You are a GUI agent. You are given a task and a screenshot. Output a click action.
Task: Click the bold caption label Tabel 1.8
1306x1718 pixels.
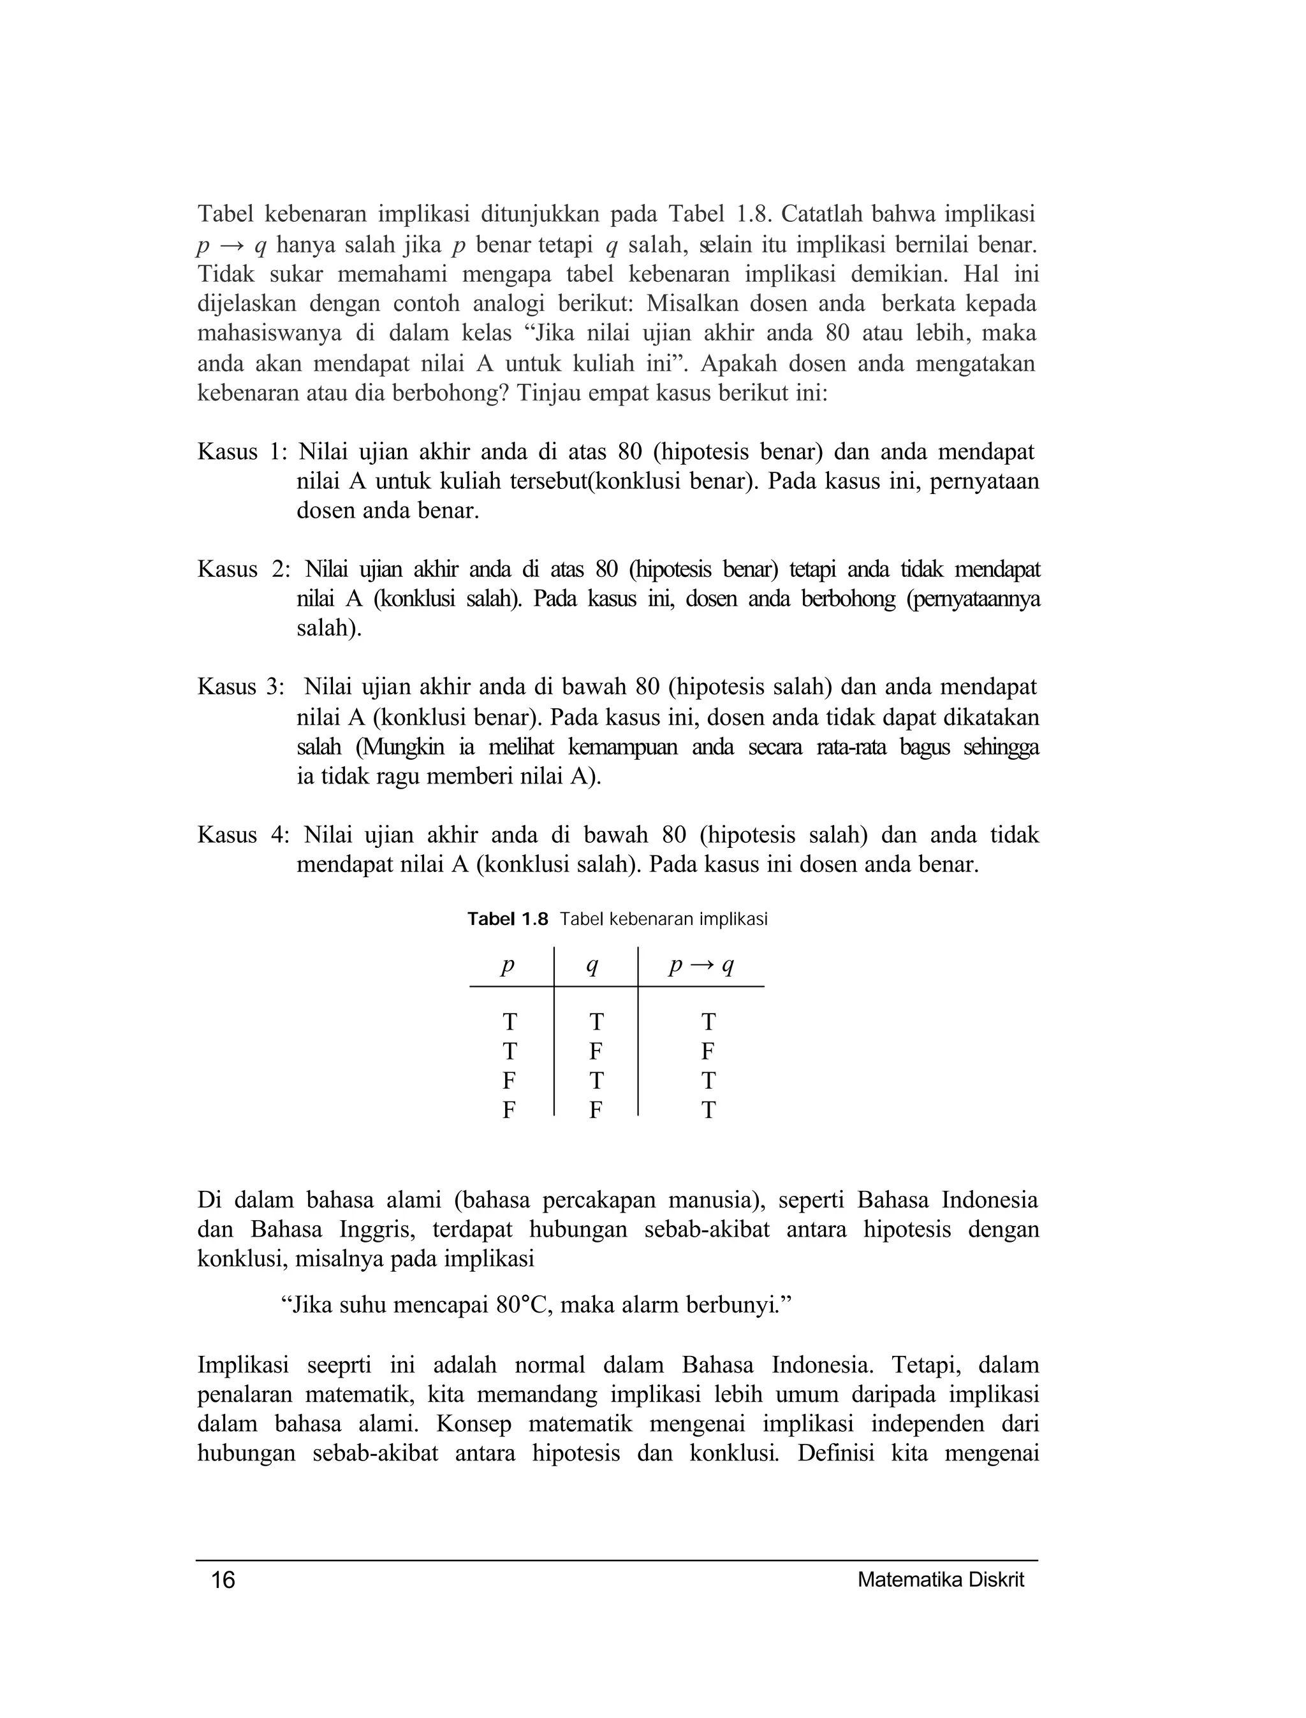click(508, 919)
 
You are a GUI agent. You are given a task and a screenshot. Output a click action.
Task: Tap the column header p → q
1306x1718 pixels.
click(701, 966)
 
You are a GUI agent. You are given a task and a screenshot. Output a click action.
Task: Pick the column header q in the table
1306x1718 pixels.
click(592, 966)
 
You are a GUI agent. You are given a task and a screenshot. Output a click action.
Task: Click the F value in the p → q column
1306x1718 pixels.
click(707, 1051)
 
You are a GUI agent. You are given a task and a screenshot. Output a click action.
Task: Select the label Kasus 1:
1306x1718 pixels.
click(242, 451)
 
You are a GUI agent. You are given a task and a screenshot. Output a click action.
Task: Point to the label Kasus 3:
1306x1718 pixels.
click(241, 687)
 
